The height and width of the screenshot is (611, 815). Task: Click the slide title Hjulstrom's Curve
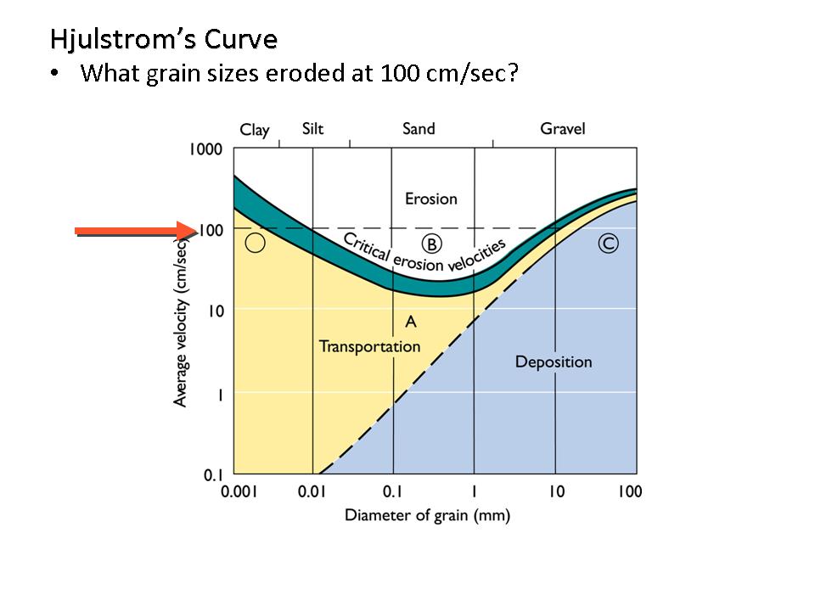(x=163, y=39)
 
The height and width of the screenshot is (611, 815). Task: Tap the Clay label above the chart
(x=254, y=130)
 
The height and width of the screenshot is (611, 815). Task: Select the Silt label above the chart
(x=312, y=128)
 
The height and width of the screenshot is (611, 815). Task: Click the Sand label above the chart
(x=419, y=128)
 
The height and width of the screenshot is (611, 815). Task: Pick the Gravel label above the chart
(x=562, y=128)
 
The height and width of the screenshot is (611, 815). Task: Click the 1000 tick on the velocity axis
(x=205, y=149)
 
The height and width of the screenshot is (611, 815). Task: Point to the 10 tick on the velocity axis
(x=214, y=311)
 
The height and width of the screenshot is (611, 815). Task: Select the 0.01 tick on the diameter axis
(x=313, y=492)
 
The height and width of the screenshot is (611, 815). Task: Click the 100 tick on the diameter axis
(x=629, y=492)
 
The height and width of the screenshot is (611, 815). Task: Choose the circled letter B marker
(x=431, y=244)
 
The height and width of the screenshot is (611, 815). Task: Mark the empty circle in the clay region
(x=255, y=244)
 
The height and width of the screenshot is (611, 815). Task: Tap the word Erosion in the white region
(x=430, y=199)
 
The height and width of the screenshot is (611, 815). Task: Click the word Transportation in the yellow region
(x=369, y=346)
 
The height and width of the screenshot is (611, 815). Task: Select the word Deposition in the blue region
(x=554, y=362)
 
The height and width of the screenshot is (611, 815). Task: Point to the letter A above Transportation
(x=411, y=322)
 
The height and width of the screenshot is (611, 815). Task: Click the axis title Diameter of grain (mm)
(x=427, y=515)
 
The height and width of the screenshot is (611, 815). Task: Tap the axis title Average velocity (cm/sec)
(x=181, y=322)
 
